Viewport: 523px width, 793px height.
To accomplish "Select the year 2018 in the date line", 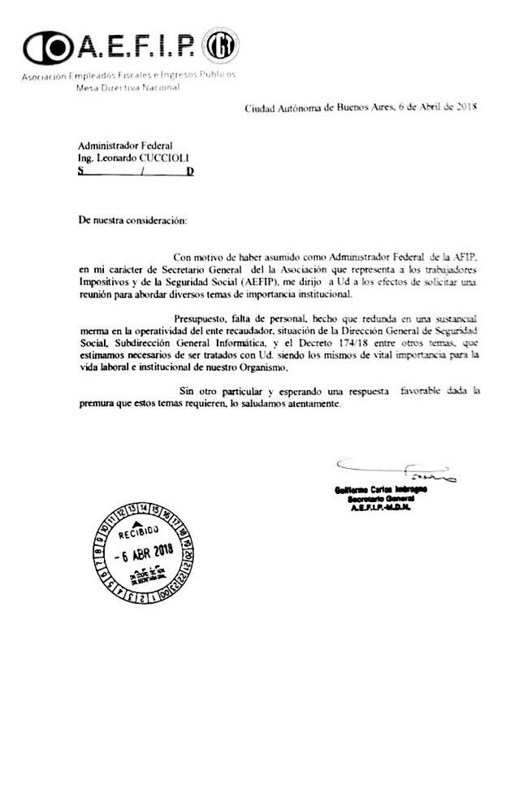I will [465, 107].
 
